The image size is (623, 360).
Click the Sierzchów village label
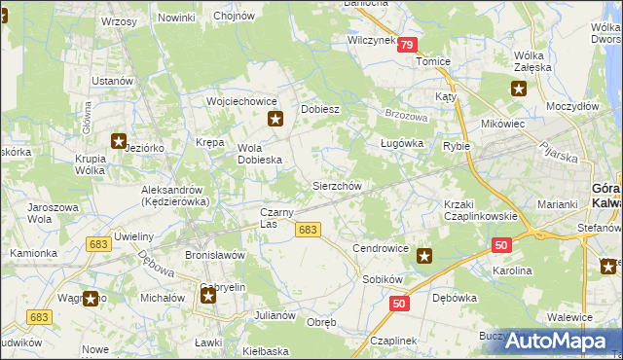pyautogui.click(x=337, y=186)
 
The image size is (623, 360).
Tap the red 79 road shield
pyautogui.click(x=407, y=45)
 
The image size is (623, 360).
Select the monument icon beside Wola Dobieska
pyautogui.click(x=275, y=120)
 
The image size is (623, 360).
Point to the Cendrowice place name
pyautogui.click(x=381, y=248)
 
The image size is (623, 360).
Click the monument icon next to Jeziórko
pyautogui.click(x=120, y=141)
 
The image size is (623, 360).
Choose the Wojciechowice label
pyautogui.click(x=242, y=101)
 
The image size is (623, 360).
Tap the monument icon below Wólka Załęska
pyautogui.click(x=519, y=88)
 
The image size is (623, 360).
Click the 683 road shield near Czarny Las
pyautogui.click(x=307, y=230)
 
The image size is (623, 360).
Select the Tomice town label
pyautogui.click(x=433, y=61)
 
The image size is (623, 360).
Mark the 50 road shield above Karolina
pyautogui.click(x=501, y=245)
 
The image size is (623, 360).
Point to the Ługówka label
pyautogui.click(x=401, y=143)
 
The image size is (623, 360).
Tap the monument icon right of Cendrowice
pyautogui.click(x=424, y=256)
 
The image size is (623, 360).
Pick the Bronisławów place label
pyautogui.click(x=214, y=255)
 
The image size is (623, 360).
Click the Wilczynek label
pyautogui.click(x=371, y=41)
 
